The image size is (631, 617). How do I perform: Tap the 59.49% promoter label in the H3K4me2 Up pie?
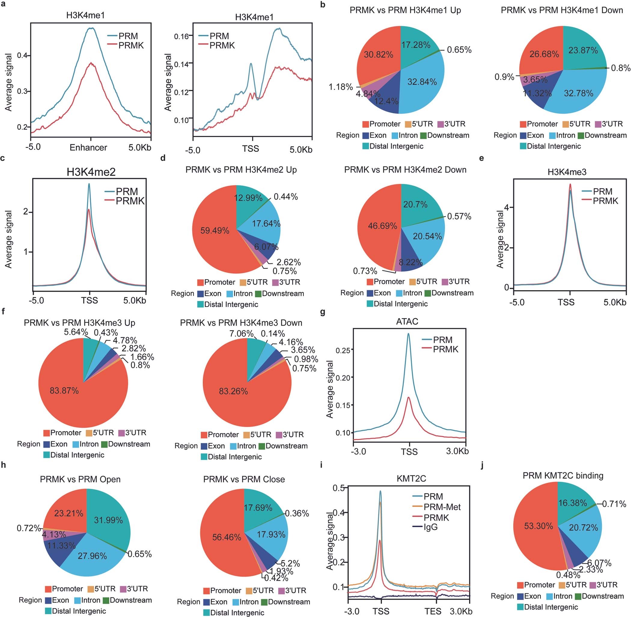[x=215, y=231]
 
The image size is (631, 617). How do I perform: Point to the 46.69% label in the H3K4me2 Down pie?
[x=382, y=226]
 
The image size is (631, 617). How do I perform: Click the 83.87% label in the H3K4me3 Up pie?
[x=64, y=391]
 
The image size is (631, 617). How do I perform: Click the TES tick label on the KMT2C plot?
[x=433, y=611]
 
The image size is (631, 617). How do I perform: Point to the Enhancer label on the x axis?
[x=88, y=148]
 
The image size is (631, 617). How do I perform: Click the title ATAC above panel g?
[x=407, y=321]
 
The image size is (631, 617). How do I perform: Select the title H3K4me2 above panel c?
[x=91, y=172]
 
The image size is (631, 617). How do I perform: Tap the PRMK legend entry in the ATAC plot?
[x=446, y=349]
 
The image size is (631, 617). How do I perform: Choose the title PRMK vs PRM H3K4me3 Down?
[x=241, y=323]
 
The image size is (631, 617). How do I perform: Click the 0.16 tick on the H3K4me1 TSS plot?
[x=181, y=36]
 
